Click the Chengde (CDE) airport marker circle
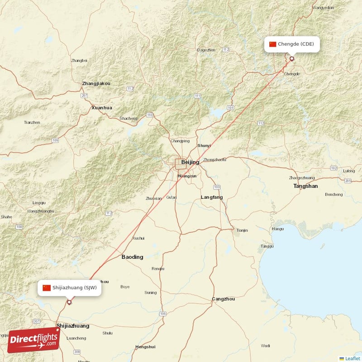(x=292, y=58)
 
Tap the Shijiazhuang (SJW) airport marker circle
(x=69, y=302)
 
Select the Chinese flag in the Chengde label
(x=272, y=44)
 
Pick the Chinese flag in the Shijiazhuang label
(x=47, y=288)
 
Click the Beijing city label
(x=190, y=162)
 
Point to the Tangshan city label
(x=305, y=186)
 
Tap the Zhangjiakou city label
(x=96, y=84)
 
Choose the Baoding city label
(x=132, y=257)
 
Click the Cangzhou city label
(x=224, y=299)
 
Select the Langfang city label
(x=212, y=197)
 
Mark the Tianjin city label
(x=242, y=230)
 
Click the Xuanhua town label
(x=102, y=108)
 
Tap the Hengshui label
(x=145, y=347)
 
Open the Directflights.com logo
(x=33, y=340)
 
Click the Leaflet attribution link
(x=352, y=358)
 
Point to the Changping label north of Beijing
(x=180, y=141)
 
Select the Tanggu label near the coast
(x=267, y=246)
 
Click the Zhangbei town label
(x=79, y=60)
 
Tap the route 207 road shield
(x=84, y=95)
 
